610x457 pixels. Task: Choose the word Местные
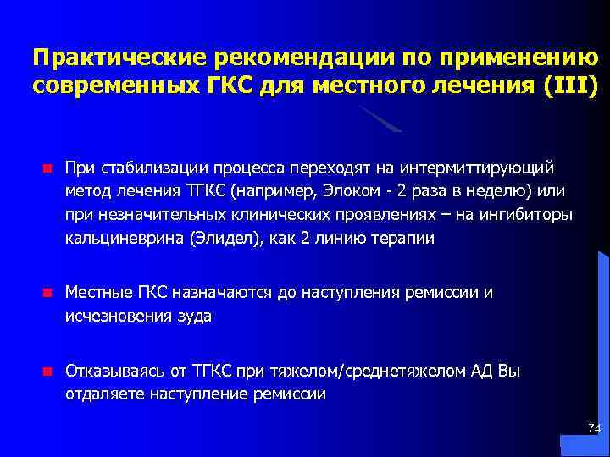pos(97,293)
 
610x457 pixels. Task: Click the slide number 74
pos(593,429)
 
